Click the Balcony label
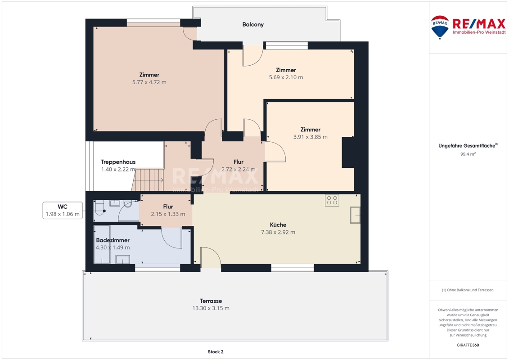coord(253,24)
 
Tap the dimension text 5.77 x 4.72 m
coord(149,82)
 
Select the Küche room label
coord(278,225)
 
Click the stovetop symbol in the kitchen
coord(332,200)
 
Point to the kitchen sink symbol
coord(355,215)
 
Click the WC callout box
coord(63,210)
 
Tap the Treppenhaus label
coord(118,162)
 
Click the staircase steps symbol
coord(148,180)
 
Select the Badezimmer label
coord(113,240)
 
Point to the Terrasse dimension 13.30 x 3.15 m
coord(211,308)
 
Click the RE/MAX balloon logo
coord(440,27)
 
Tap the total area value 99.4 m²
coord(468,154)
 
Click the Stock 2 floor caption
coord(216,351)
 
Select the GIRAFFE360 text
coord(468,345)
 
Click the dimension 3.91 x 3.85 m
coord(311,137)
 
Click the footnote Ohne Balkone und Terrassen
coord(468,290)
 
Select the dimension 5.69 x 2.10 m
coord(286,77)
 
